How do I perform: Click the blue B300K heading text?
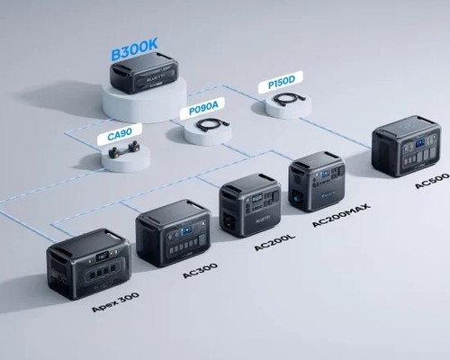pos(134,49)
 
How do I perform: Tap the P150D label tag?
pos(281,82)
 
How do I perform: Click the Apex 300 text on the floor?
pos(115,302)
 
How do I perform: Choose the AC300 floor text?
pos(201,271)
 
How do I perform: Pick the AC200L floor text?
pos(274,242)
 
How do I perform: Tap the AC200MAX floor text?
pos(341,215)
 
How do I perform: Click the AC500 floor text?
pos(432,180)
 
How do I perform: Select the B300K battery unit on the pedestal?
pos(144,73)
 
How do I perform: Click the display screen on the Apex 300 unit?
pos(102,257)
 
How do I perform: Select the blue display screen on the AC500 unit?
pos(420,142)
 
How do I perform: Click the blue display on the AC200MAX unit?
pos(326,174)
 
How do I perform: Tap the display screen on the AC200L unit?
pos(257,199)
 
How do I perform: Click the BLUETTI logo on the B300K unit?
pos(154,80)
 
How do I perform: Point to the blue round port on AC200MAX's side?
pos(298,199)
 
